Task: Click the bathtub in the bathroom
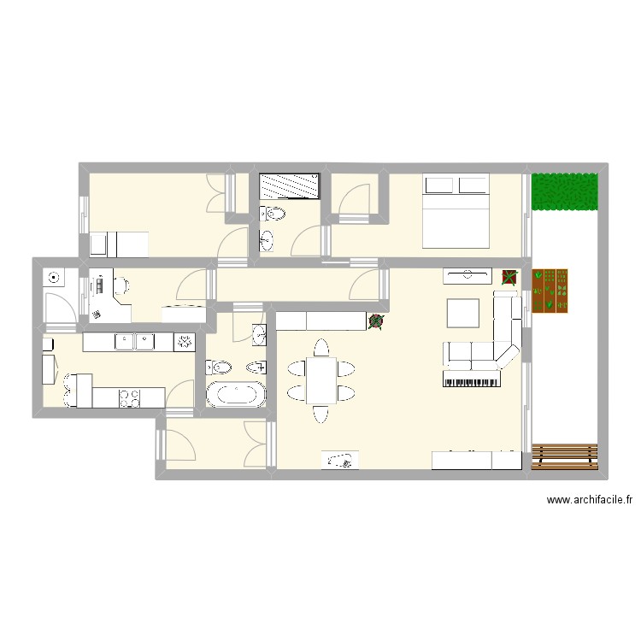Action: coord(235,396)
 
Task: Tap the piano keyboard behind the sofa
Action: coord(470,379)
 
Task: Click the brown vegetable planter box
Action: coord(550,291)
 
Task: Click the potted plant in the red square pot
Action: coord(509,276)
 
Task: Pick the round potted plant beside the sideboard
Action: coord(375,320)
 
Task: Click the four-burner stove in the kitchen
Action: coord(130,397)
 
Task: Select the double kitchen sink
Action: coord(134,343)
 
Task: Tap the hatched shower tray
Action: coord(290,185)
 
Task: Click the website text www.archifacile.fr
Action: coord(589,502)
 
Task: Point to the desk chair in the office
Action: coord(122,285)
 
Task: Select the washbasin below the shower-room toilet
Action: coord(268,240)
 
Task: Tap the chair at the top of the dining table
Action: coord(320,348)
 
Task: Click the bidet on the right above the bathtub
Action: coord(256,368)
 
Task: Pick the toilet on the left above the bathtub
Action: coord(221,368)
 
